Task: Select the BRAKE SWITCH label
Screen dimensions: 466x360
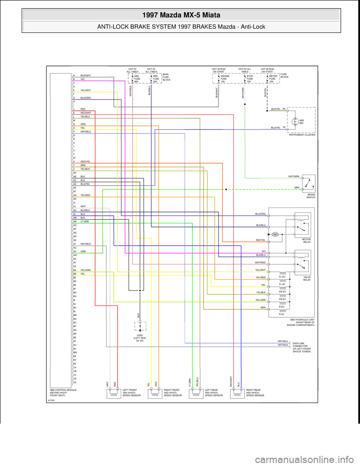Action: [x=311, y=196]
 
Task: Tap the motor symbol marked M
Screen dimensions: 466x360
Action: [x=274, y=235]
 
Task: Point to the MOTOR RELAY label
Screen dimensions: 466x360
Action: [x=306, y=241]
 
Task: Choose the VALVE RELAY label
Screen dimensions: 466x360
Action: [x=307, y=278]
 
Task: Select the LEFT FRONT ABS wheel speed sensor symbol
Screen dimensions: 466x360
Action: [x=114, y=393]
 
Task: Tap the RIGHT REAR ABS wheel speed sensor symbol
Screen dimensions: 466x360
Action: [x=237, y=393]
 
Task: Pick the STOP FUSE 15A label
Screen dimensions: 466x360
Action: [x=250, y=79]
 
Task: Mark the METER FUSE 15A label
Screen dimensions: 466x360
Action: [x=273, y=79]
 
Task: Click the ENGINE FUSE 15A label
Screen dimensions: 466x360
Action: [x=225, y=79]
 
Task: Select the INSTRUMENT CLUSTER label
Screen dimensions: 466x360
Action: [x=302, y=135]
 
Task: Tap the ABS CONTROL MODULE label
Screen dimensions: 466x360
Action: [x=63, y=392]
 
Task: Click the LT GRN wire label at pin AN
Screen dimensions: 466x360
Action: [x=84, y=222]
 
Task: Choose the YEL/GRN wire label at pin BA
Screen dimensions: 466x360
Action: [x=85, y=270]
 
